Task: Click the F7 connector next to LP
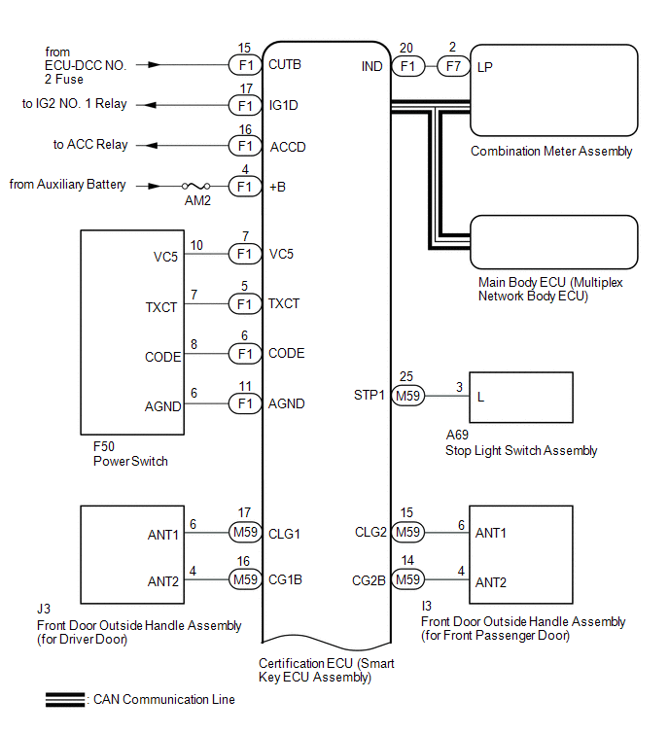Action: [x=451, y=67]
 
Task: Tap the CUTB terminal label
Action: [x=285, y=67]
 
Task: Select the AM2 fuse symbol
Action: [x=198, y=186]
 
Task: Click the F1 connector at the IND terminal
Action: [x=407, y=67]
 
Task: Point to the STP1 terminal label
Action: [x=370, y=396]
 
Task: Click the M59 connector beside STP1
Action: [x=407, y=396]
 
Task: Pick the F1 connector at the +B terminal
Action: [x=244, y=186]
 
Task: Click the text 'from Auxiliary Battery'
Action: [x=67, y=184]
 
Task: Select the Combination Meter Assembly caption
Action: [x=551, y=152]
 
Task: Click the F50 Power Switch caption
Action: [x=129, y=454]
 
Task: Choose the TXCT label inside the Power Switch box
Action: [x=161, y=307]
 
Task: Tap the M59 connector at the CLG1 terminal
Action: [x=244, y=533]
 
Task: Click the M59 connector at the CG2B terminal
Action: [x=407, y=581]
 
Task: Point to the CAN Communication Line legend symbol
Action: [x=66, y=699]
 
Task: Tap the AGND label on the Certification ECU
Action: [x=287, y=403]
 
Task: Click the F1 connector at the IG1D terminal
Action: [x=244, y=105]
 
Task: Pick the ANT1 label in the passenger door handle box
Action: [x=491, y=533]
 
